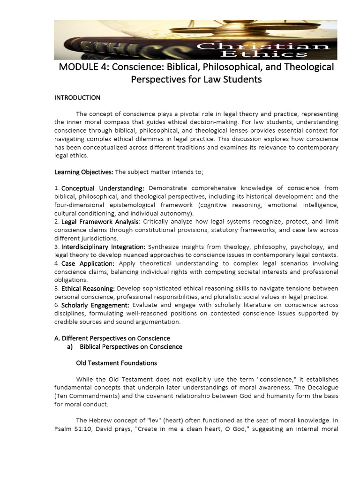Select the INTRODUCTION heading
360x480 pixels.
pos(77,98)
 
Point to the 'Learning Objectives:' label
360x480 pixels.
pos(84,172)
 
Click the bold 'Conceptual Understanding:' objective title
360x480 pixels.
pos(103,188)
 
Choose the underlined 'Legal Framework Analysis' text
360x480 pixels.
pos(100,221)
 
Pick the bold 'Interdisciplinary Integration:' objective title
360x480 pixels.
pos(104,247)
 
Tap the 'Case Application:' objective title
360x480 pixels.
pos(88,263)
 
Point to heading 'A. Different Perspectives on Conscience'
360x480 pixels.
pos(112,338)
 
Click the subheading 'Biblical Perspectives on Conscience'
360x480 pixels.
pos(131,346)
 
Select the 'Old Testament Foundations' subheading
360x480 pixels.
pos(116,363)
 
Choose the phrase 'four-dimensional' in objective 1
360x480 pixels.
pos(78,205)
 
